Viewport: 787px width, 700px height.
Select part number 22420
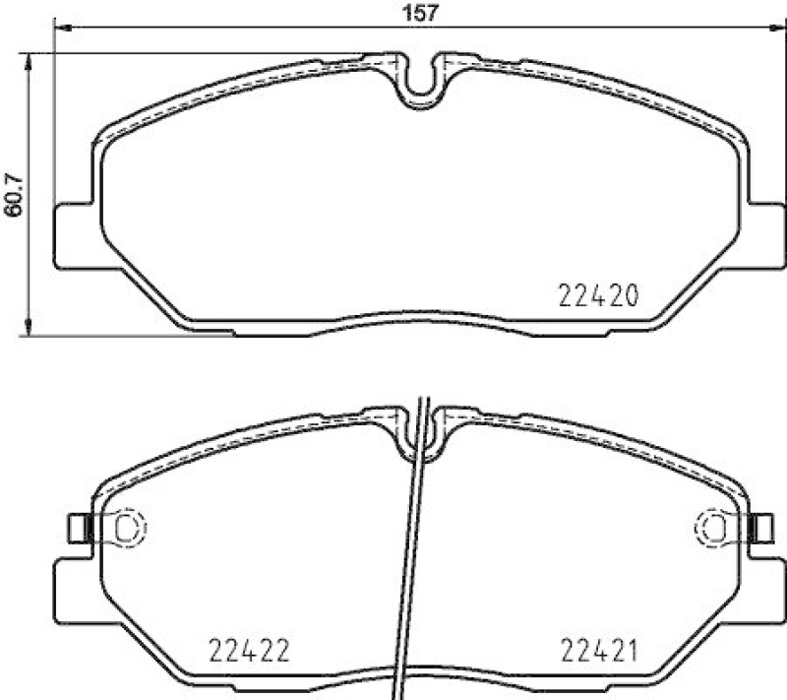[x=599, y=293]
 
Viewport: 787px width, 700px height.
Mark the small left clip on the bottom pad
[x=78, y=529]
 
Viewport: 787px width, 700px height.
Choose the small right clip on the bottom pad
[x=760, y=529]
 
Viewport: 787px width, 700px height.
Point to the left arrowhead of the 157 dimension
[x=56, y=29]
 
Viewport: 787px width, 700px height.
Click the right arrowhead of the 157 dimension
[x=782, y=29]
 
